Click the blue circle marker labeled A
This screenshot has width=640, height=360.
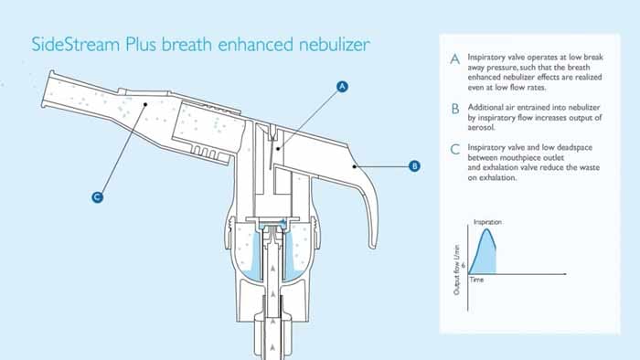[342, 87]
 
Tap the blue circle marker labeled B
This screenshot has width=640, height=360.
[414, 166]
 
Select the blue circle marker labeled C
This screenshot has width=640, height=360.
[97, 197]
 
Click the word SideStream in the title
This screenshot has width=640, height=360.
[76, 45]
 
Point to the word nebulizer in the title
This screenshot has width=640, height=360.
[335, 45]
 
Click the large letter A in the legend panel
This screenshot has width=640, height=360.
[455, 59]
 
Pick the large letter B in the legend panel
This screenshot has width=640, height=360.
[455, 110]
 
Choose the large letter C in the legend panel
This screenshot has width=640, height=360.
[455, 149]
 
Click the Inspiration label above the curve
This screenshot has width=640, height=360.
[487, 222]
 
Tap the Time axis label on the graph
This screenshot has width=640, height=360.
[476, 280]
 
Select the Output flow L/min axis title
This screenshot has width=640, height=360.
[457, 270]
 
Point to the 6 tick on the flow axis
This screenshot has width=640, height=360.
[464, 265]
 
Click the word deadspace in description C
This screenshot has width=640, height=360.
[574, 148]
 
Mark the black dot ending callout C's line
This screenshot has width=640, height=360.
[145, 104]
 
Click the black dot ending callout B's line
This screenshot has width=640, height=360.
[355, 166]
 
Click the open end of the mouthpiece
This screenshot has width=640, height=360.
[47, 90]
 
